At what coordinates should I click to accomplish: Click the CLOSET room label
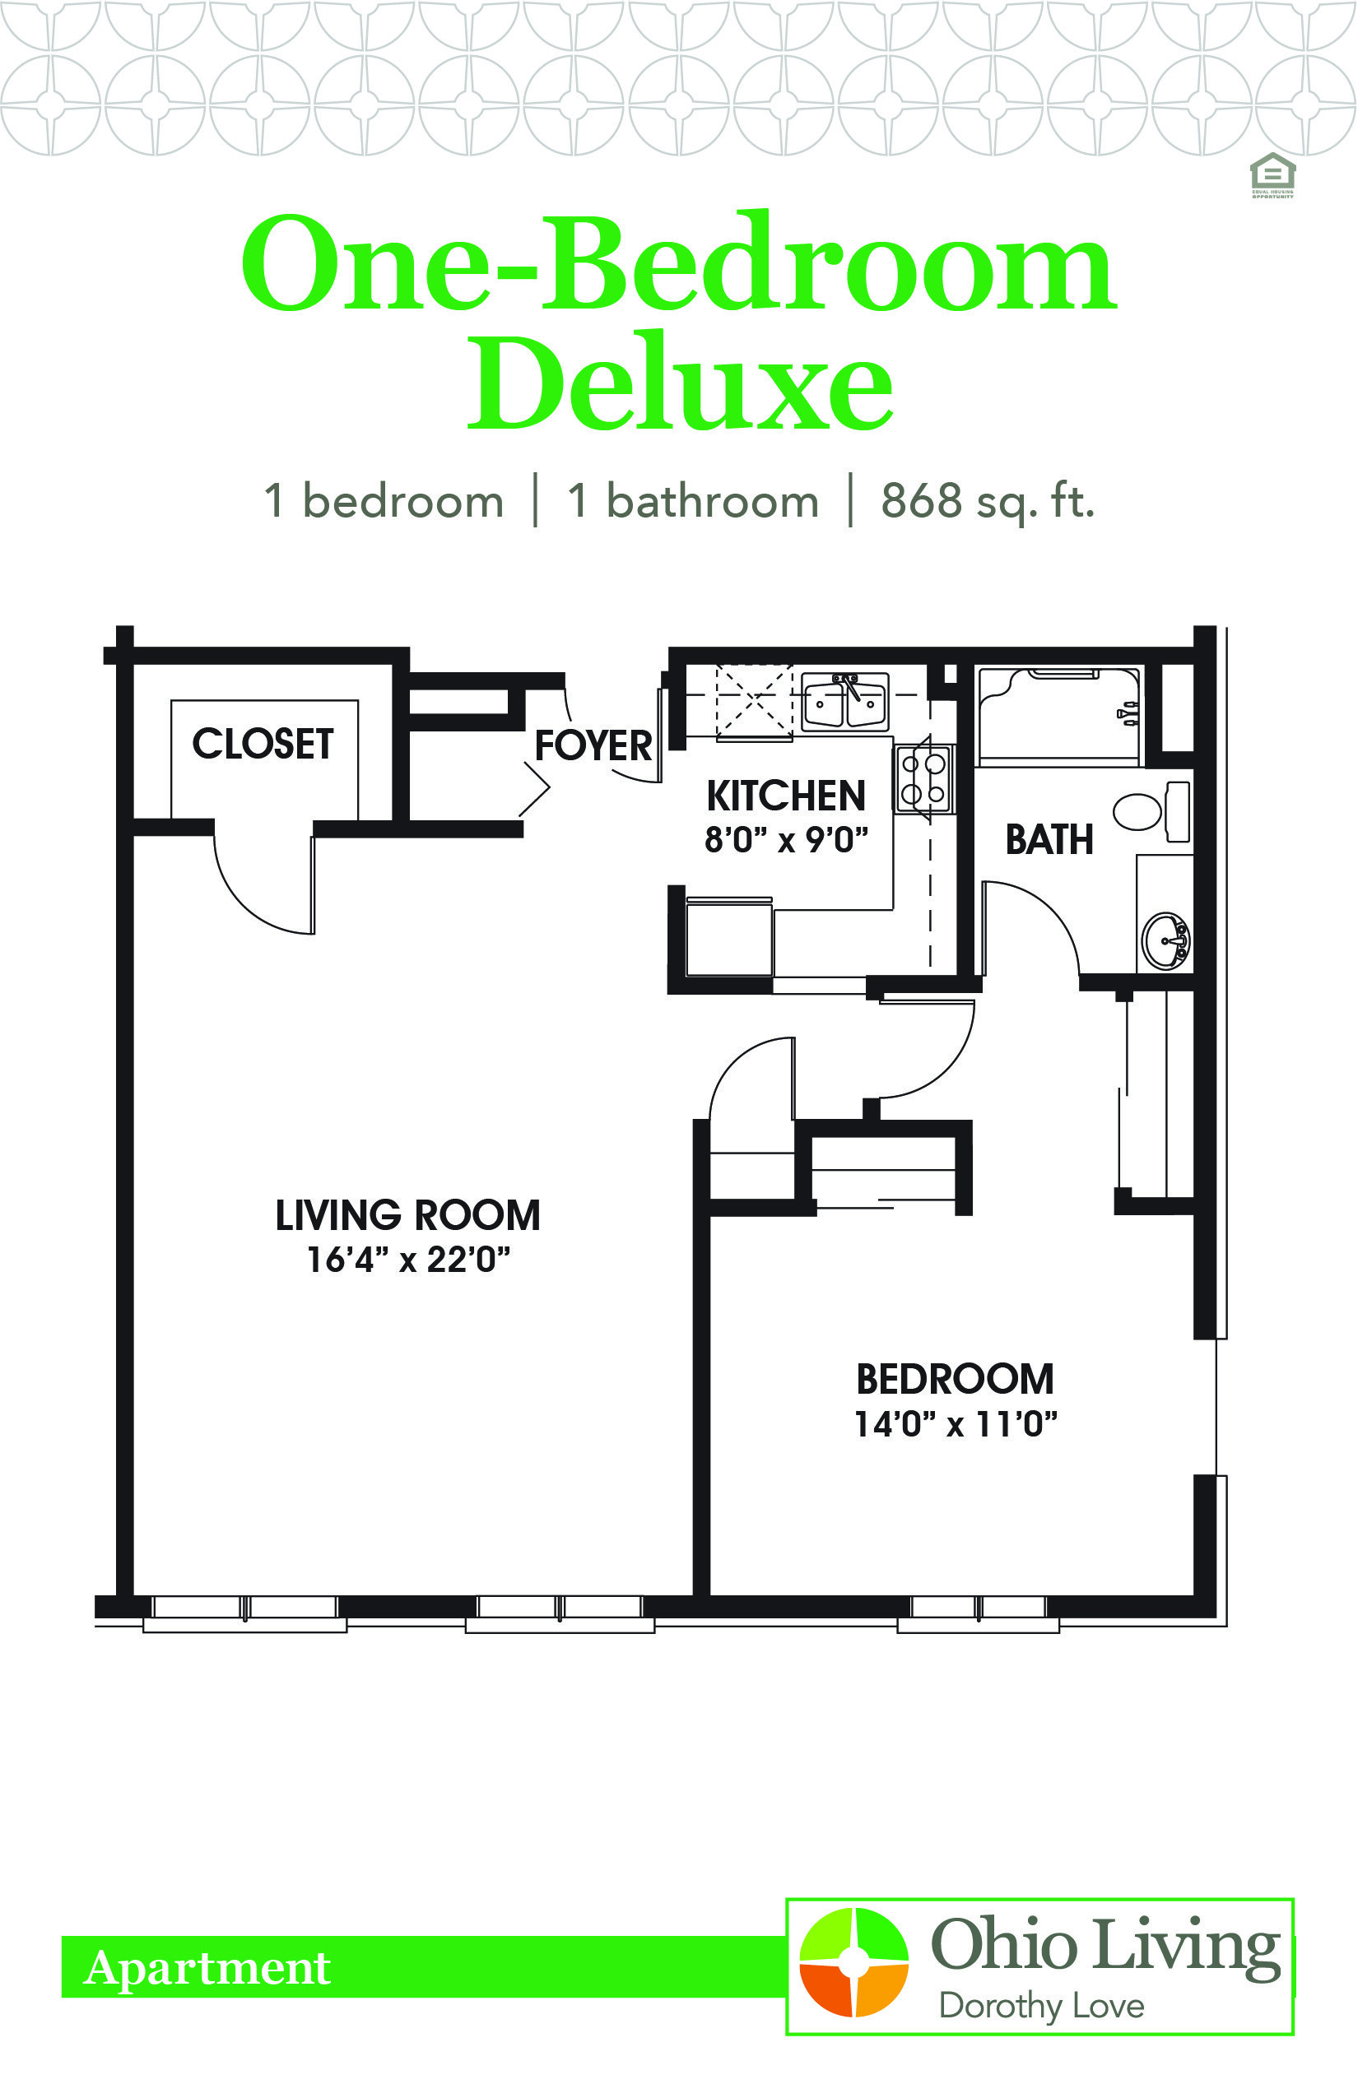pos(263,744)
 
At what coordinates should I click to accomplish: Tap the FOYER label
pos(593,745)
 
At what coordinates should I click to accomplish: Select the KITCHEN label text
pos(786,796)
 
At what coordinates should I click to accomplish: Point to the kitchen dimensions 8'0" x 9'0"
pos(786,840)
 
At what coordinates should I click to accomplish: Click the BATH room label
pos(1049,839)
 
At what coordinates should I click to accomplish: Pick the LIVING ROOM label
pos(407,1216)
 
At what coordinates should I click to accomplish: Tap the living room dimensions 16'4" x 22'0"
pos(408,1260)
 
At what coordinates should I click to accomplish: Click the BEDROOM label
pos(955,1380)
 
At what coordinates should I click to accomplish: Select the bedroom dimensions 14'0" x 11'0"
pos(955,1423)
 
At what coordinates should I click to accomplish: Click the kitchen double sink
pos(844,701)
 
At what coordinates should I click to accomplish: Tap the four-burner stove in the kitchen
pos(923,779)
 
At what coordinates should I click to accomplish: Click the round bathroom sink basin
pos(1165,940)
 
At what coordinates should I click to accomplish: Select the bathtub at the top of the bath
pos(1059,715)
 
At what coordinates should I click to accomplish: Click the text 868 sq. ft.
pos(987,502)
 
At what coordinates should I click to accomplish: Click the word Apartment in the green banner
pos(207,1968)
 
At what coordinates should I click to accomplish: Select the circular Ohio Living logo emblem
pos(853,1961)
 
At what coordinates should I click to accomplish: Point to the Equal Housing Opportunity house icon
pos(1272,175)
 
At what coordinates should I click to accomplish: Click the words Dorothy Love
pos(1041,2006)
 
